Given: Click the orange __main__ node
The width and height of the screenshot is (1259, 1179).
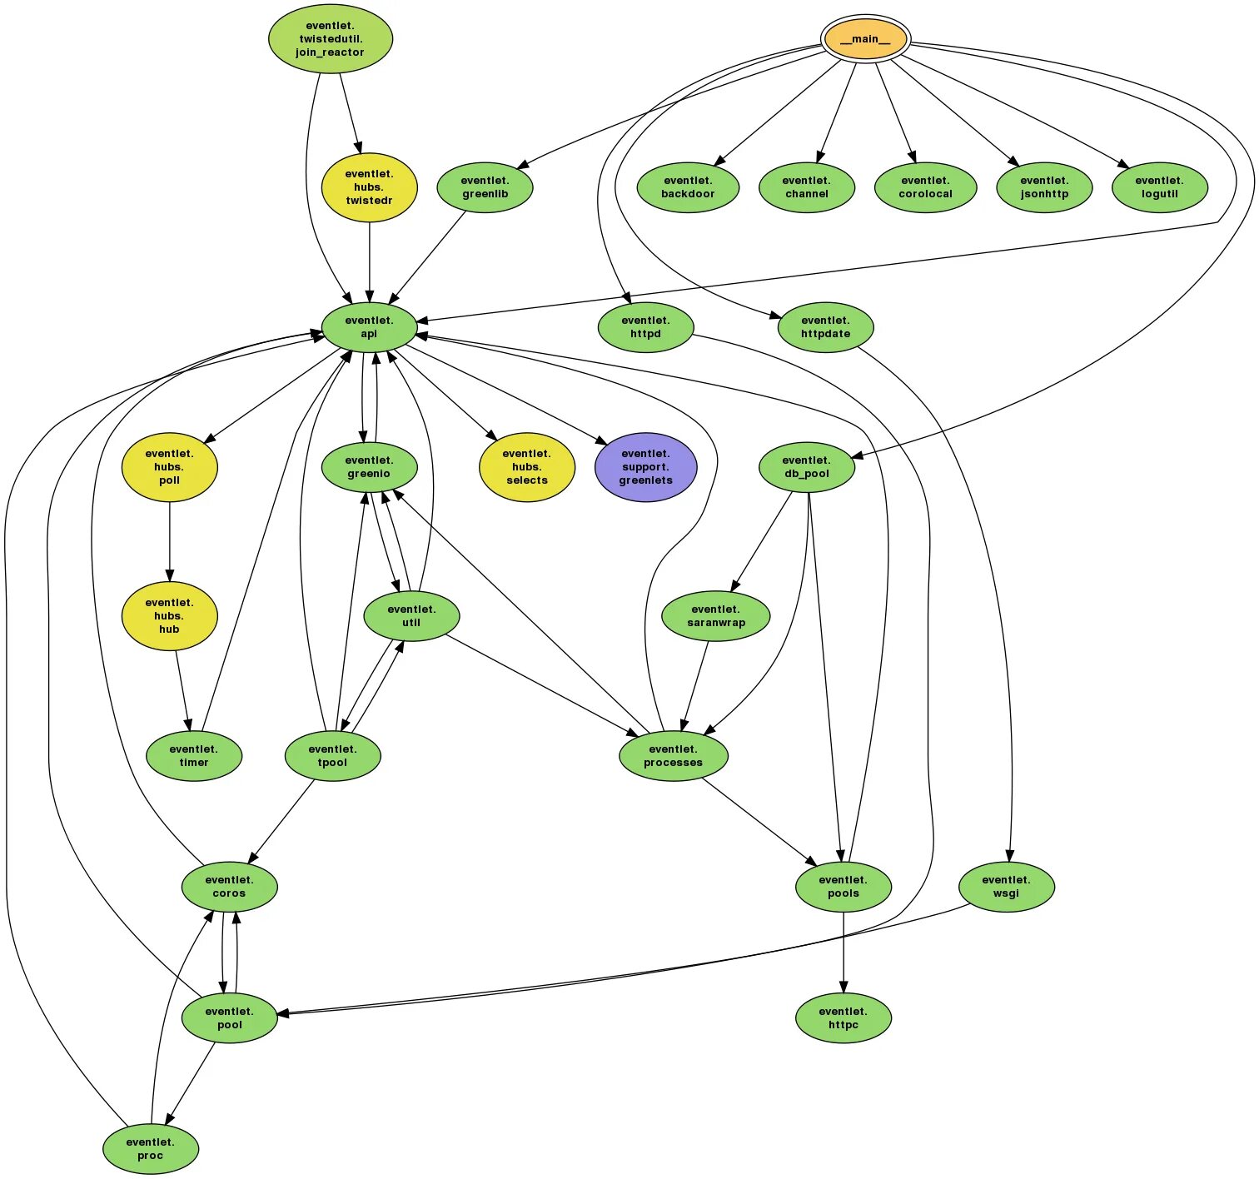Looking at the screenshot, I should click(x=865, y=39).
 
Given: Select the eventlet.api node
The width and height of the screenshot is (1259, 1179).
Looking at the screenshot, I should click(x=369, y=327).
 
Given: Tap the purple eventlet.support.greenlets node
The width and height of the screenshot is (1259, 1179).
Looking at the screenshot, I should click(x=645, y=467).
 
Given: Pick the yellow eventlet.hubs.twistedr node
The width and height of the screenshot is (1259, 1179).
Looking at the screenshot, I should click(x=369, y=187).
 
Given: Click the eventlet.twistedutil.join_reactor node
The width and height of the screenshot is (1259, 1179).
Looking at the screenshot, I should click(x=330, y=39).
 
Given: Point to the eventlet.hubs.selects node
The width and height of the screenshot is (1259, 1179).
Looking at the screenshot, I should click(x=526, y=467).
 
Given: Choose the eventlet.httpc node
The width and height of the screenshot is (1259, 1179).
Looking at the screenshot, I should click(x=843, y=1018).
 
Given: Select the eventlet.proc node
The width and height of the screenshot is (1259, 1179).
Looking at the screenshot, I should click(x=151, y=1149).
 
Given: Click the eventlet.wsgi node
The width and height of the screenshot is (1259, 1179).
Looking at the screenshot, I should click(x=1006, y=887).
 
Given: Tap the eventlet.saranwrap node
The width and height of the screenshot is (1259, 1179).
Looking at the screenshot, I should click(x=715, y=616).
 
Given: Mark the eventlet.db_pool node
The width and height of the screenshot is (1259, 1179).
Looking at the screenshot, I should click(x=806, y=467).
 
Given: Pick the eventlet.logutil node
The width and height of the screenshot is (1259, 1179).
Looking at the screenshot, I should click(x=1159, y=187).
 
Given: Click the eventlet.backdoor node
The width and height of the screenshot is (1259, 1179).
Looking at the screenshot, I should click(x=688, y=187).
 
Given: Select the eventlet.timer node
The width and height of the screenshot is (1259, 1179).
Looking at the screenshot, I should click(x=194, y=756).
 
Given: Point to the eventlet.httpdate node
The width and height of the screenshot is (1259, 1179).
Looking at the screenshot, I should click(x=825, y=327).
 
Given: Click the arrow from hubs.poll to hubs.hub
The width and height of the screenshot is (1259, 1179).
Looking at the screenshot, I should click(x=170, y=541).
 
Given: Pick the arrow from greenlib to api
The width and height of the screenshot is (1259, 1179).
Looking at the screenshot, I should click(x=428, y=258).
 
